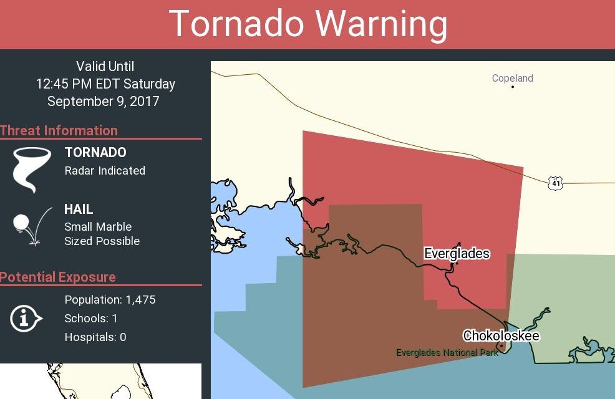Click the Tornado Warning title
[308, 24]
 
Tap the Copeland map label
[512, 78]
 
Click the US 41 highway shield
[556, 183]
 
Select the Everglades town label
[457, 254]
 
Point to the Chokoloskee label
[501, 336]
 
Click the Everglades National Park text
[447, 353]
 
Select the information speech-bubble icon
[26, 319]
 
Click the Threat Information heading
[59, 130]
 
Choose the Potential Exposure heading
[58, 277]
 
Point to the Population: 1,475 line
[110, 300]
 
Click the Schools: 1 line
[91, 319]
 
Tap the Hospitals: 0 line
[95, 337]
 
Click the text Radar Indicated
[105, 170]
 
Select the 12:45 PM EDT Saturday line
[105, 84]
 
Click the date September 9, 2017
[104, 101]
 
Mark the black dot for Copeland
[513, 87]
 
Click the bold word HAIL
[79, 209]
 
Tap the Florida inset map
[100, 382]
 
